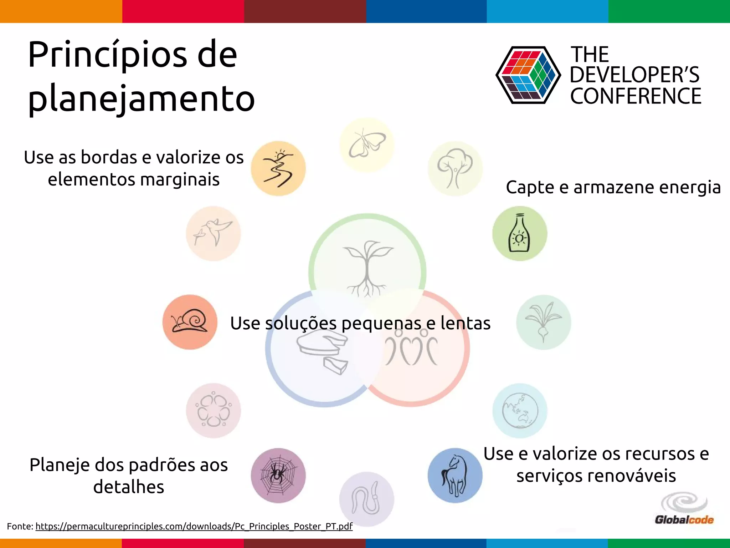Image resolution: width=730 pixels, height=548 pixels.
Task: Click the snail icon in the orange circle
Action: pos(190,322)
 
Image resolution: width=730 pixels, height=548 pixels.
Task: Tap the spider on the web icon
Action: pos(278,475)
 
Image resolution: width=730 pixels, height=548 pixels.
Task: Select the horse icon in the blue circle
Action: pos(455,476)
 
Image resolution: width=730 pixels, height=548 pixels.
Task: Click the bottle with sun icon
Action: pos(520,233)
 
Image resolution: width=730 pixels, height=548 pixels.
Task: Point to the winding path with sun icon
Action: pos(278,168)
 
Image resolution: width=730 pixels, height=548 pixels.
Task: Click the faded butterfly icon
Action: pos(367,145)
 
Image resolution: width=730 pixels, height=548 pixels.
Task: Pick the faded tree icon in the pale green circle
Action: pos(455,168)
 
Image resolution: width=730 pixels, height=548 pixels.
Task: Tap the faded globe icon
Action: pos(520,411)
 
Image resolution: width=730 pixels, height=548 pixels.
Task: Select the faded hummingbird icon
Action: pos(214,233)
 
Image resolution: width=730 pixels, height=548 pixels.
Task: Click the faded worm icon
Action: pos(367,499)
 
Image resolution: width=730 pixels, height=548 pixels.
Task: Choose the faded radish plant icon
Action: pos(543,322)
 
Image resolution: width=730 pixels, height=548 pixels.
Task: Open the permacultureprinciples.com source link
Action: pos(194,526)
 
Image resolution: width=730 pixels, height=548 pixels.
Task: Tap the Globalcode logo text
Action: pos(684,519)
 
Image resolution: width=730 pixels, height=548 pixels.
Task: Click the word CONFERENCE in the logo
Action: pos(636,96)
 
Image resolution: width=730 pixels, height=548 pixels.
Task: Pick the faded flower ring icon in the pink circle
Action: pos(214,411)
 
